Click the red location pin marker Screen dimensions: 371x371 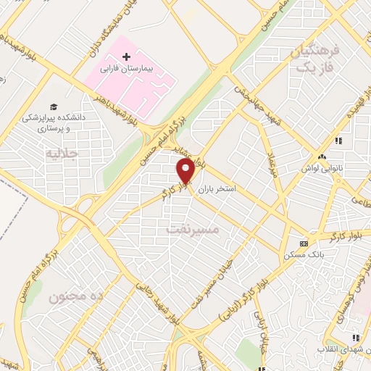[x=185, y=172]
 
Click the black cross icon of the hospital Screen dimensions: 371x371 [x=127, y=56]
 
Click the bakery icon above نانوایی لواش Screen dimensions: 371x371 [x=322, y=156]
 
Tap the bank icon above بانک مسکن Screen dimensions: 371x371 [x=304, y=243]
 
